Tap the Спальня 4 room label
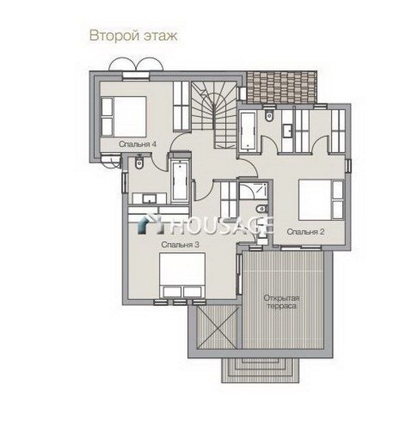click(x=138, y=144)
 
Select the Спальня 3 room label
click(x=180, y=244)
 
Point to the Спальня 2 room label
click(x=306, y=231)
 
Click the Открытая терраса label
click(x=281, y=302)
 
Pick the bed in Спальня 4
click(x=123, y=116)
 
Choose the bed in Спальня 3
click(x=182, y=275)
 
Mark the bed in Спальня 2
click(x=321, y=200)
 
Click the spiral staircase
click(x=214, y=114)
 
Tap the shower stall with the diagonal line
click(x=254, y=191)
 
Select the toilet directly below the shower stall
click(x=261, y=209)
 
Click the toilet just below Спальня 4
click(x=139, y=162)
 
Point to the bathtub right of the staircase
click(x=248, y=131)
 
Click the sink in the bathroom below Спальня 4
click(x=149, y=199)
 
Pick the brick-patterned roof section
click(x=281, y=87)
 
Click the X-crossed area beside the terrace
click(x=218, y=327)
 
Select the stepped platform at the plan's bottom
click(x=260, y=370)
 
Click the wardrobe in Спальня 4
click(x=181, y=106)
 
